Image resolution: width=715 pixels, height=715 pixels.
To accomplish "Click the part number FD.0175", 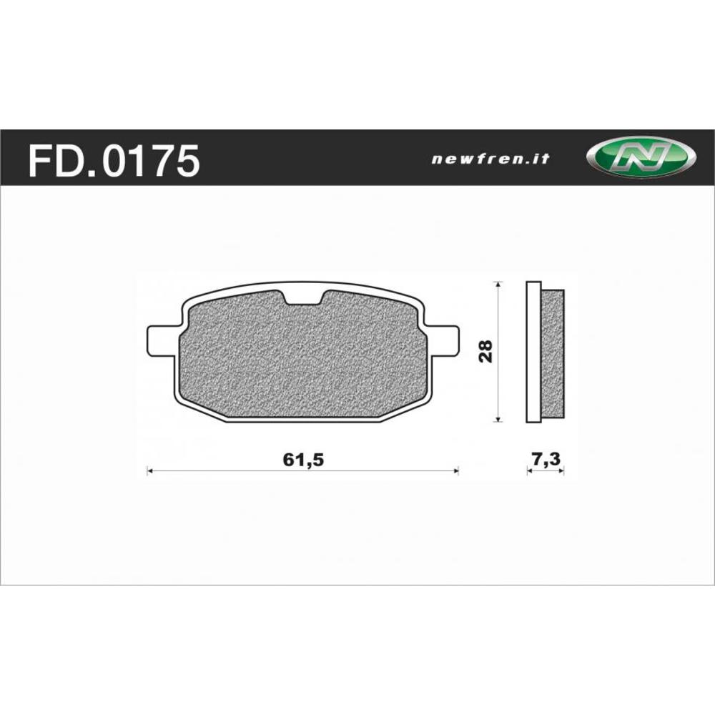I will click(113, 160).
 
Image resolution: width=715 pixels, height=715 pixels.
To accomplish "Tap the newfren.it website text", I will click(490, 159).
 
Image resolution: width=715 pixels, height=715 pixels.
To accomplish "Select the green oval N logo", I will click(639, 157).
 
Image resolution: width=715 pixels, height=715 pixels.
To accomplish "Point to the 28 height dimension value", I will click(486, 351).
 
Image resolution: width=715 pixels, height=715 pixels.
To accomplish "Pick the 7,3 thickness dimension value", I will click(546, 460).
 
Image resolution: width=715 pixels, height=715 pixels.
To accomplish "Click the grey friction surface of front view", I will click(300, 357).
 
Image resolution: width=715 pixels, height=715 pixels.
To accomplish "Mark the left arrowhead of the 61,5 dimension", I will click(149, 470).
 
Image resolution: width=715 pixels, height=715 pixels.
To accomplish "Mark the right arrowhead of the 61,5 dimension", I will click(455, 470).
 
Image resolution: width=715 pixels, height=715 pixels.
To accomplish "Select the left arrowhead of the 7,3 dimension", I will click(529, 470).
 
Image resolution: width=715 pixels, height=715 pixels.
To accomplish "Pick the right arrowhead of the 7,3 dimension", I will click(561, 470).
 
